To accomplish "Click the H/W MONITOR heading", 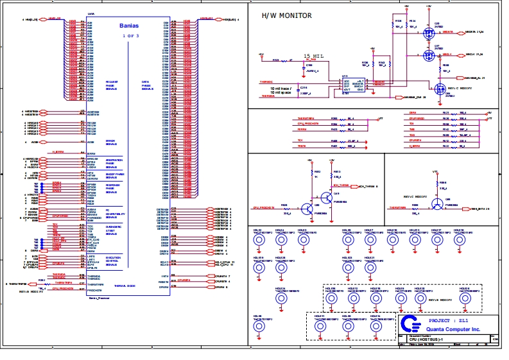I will coord(287,15).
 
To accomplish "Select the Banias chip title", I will coord(129,26).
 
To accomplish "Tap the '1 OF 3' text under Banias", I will coord(129,35).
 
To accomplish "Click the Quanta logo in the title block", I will coord(407,323).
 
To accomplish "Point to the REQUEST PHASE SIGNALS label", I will coord(111,85).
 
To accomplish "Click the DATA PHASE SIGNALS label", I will coord(147,85).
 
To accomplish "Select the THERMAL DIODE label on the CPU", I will coord(125,286).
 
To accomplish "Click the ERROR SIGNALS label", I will coord(110,142).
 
